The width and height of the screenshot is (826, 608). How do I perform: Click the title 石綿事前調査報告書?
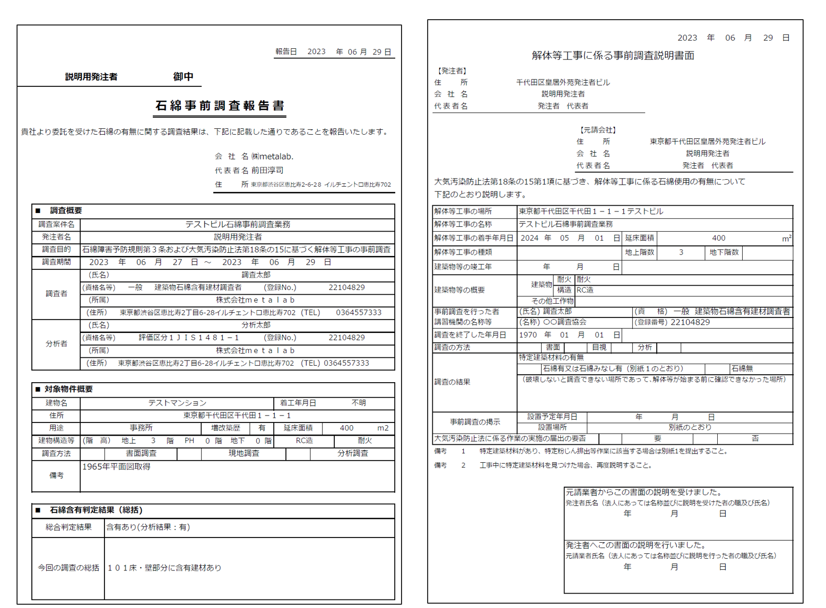click(x=220, y=106)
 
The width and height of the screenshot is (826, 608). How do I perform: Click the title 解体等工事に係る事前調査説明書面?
click(x=613, y=56)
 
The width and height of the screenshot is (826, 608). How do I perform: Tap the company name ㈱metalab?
click(x=272, y=156)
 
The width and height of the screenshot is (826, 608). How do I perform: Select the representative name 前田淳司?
click(x=267, y=170)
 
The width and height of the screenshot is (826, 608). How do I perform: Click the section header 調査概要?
click(x=65, y=210)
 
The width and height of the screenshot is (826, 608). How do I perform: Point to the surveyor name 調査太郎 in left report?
click(x=256, y=275)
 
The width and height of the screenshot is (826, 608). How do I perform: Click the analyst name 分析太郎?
click(x=256, y=325)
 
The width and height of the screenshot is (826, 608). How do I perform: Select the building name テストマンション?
click(x=177, y=403)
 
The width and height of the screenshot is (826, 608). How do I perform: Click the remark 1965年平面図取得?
click(x=117, y=466)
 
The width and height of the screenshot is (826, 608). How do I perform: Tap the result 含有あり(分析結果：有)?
click(x=148, y=527)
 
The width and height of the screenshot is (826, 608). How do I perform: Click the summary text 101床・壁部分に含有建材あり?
click(x=164, y=568)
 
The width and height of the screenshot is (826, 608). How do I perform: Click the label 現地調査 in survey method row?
click(x=244, y=453)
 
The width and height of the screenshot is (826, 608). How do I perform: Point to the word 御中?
click(x=183, y=76)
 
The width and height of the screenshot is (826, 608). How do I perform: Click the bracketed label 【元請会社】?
click(x=597, y=130)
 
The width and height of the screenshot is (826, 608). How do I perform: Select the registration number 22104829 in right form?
click(x=690, y=322)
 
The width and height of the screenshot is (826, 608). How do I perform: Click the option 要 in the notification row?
click(x=657, y=438)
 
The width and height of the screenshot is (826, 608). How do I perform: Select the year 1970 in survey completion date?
click(x=528, y=335)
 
